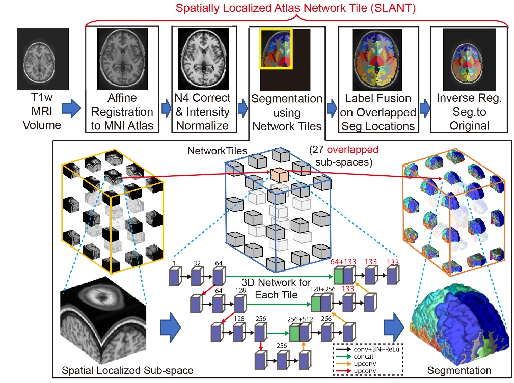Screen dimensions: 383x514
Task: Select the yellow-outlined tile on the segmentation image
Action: pyautogui.click(x=275, y=48)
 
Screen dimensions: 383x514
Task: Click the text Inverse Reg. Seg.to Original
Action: pyautogui.click(x=469, y=112)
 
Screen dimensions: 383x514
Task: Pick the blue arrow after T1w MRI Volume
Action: pyautogui.click(x=72, y=108)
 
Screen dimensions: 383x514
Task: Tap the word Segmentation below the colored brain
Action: pyautogui.click(x=459, y=370)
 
